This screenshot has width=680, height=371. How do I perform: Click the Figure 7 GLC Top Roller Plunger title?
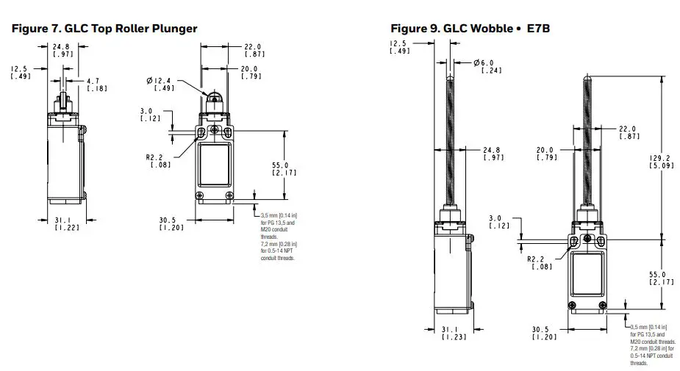click(104, 29)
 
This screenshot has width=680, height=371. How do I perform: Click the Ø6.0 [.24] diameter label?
click(492, 66)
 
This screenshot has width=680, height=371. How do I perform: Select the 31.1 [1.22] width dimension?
click(67, 224)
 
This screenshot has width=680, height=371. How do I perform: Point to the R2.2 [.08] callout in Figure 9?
click(539, 262)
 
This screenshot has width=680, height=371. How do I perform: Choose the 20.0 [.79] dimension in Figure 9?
click(546, 153)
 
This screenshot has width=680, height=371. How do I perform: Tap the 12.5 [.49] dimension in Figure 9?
click(400, 47)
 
